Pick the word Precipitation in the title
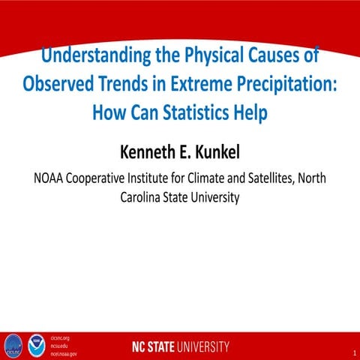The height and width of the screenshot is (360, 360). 292,83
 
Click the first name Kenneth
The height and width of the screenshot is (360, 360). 151,153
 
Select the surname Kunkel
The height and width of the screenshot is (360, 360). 220,153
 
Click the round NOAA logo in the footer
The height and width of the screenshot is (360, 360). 37,346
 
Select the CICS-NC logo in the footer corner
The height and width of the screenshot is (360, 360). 13,346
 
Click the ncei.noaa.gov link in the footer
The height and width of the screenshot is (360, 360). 63,353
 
